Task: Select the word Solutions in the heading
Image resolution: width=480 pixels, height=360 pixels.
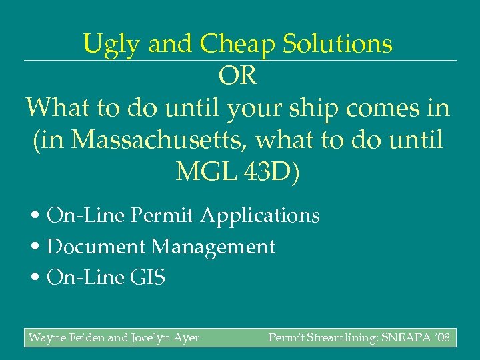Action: [339, 45]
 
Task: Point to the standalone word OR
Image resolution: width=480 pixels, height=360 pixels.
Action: [237, 76]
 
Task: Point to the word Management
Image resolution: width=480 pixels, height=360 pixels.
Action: [213, 247]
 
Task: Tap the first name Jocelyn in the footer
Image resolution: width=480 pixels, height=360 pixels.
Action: [153, 338]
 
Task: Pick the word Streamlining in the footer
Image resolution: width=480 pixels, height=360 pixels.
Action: [339, 338]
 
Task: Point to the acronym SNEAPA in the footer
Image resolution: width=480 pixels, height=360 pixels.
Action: [408, 338]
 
